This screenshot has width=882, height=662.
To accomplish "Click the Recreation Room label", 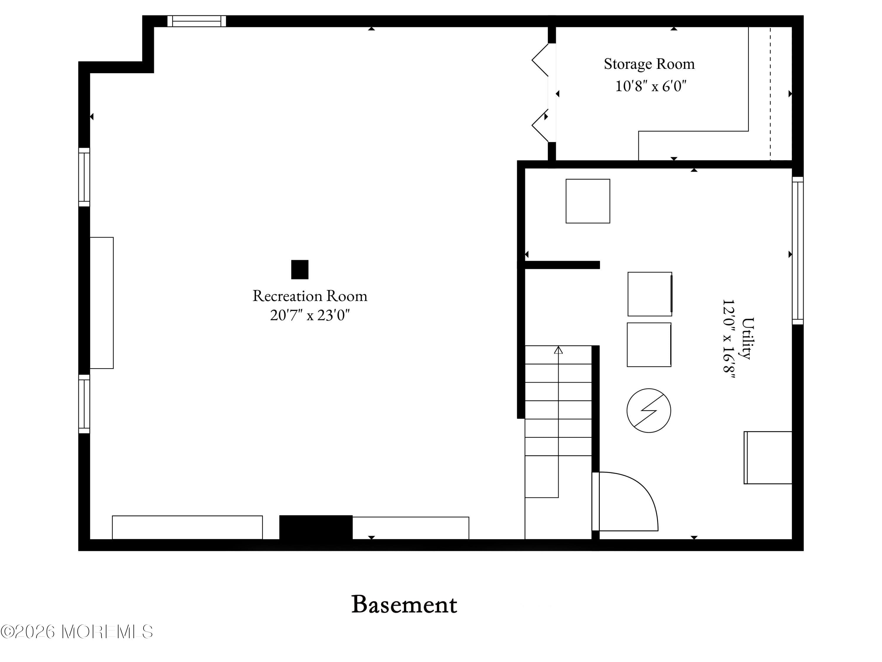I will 310,296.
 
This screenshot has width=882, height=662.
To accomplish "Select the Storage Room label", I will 649,64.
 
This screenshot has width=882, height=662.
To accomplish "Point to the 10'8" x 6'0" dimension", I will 651,86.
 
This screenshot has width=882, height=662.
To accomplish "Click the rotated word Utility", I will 748,338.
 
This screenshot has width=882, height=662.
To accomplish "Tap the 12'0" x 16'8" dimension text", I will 729,338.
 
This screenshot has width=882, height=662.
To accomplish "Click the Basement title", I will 404,605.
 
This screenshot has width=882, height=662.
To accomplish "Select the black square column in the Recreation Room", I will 300,269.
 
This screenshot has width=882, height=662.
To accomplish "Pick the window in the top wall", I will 197,21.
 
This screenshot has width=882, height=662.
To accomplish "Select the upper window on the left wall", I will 84,177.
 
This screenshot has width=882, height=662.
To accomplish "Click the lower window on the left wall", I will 84,404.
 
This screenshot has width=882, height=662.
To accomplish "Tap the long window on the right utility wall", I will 797,251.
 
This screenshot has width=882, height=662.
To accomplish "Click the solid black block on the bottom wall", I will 315,528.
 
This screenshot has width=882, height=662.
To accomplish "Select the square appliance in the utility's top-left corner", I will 588,201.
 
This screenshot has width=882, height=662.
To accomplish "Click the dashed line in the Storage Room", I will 770,94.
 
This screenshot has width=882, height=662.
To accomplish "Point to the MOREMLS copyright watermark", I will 76,632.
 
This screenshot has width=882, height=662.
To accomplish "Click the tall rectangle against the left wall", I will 102,303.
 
